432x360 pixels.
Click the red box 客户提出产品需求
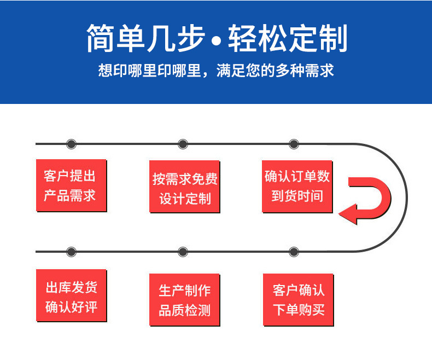click(71, 185)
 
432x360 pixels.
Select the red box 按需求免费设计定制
click(185, 187)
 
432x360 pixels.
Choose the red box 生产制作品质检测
click(185, 300)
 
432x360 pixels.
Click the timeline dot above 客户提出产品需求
click(71, 144)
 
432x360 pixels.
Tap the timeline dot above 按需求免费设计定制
click(183, 144)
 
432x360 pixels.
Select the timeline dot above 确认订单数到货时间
click(294, 144)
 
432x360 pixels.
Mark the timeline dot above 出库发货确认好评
click(71, 252)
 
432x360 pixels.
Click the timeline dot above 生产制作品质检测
click(183, 252)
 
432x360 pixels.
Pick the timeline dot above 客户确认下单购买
click(294, 252)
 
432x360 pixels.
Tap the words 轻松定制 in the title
click(288, 38)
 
